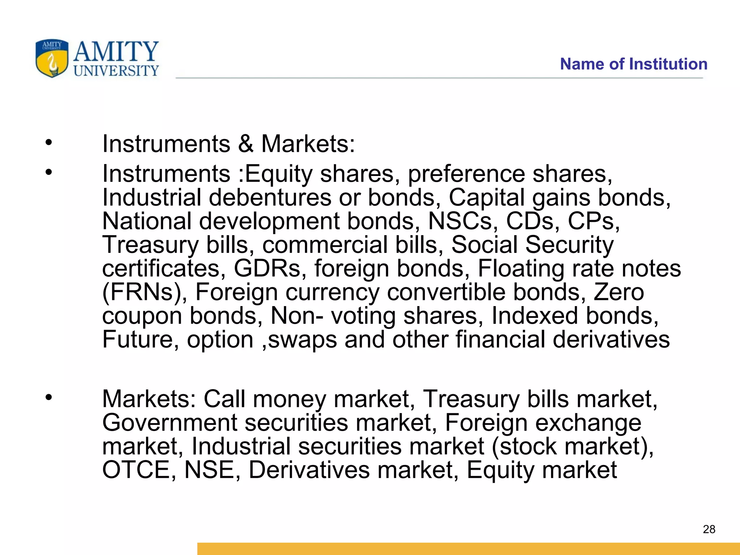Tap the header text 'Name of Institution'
(x=633, y=64)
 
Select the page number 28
(x=709, y=529)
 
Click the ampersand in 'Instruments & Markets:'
(x=246, y=144)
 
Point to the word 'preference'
(x=466, y=174)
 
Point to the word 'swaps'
(x=303, y=340)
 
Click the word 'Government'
(x=170, y=423)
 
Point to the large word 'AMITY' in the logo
(x=116, y=51)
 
